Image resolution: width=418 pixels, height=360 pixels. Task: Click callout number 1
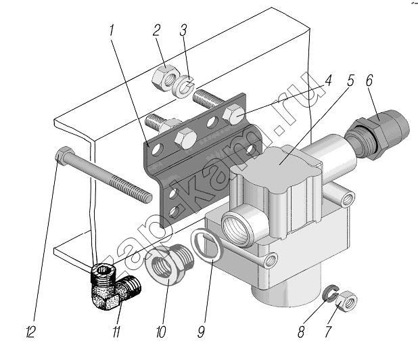point(112,31)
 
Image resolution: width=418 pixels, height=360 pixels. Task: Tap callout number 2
point(156,30)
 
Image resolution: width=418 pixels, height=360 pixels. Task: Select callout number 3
point(183,30)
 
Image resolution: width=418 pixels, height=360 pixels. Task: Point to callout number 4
point(328,80)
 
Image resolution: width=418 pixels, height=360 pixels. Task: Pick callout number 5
point(350,80)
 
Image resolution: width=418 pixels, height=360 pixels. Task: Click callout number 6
point(369,80)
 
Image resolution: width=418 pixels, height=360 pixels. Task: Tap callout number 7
point(328,332)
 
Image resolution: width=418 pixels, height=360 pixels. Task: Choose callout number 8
point(301,332)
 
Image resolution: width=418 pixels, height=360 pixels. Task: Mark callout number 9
point(202,332)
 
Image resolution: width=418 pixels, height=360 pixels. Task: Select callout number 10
point(161,332)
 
